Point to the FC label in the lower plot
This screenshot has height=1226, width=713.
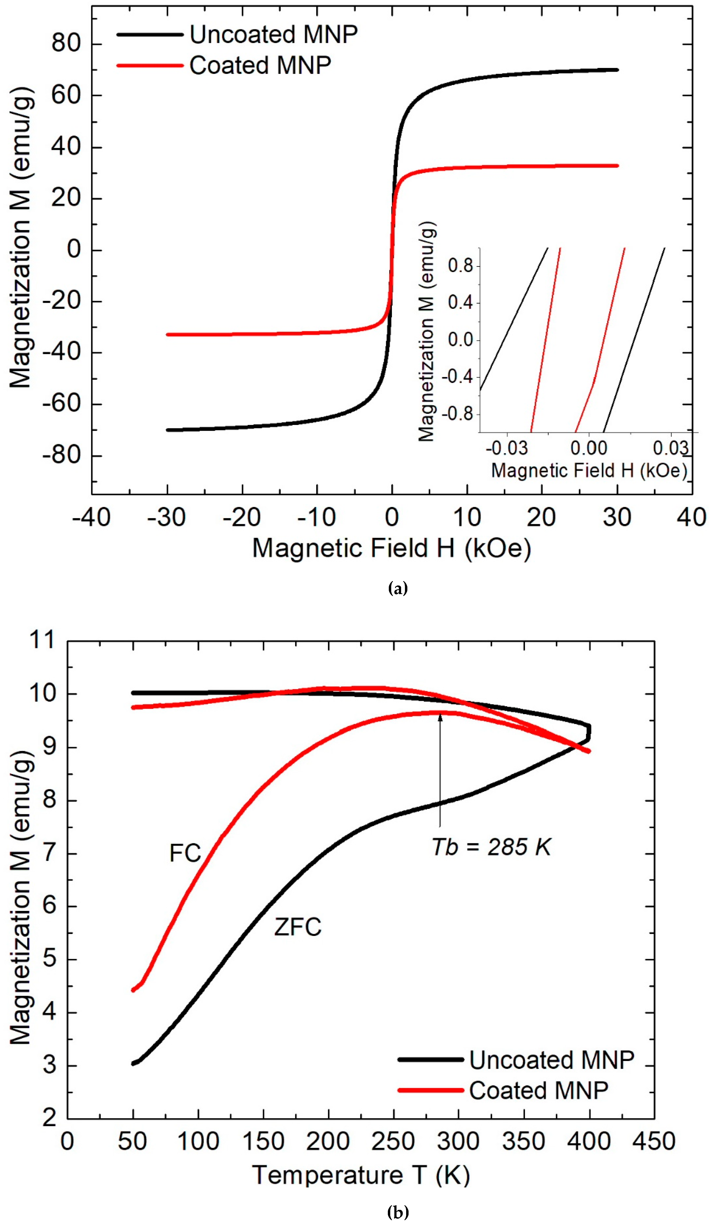[x=185, y=853]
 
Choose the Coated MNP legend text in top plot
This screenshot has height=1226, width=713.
[x=260, y=66]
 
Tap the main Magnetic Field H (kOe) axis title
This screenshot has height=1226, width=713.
[x=391, y=548]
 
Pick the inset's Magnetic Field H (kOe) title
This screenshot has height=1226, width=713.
[x=589, y=471]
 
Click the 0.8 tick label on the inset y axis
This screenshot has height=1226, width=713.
[x=460, y=266]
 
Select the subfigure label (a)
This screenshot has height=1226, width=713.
[x=398, y=589]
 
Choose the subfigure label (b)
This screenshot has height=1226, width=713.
[x=398, y=1212]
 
